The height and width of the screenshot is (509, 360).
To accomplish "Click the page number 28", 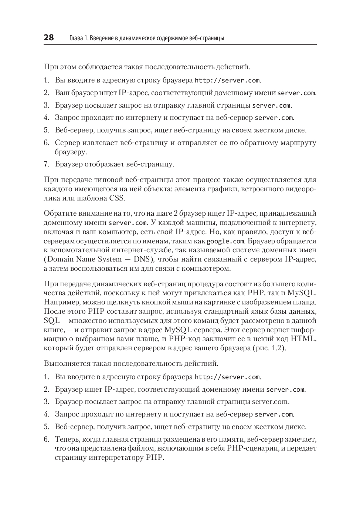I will pos(49,38).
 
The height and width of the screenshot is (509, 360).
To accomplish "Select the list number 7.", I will pos(46,164).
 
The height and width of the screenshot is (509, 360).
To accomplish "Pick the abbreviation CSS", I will pos(117,198).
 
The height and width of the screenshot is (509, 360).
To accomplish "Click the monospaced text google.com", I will pos(225,242).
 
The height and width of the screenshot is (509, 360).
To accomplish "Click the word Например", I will pos(59,302).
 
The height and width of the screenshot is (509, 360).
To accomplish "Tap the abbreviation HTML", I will pos(303,338).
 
